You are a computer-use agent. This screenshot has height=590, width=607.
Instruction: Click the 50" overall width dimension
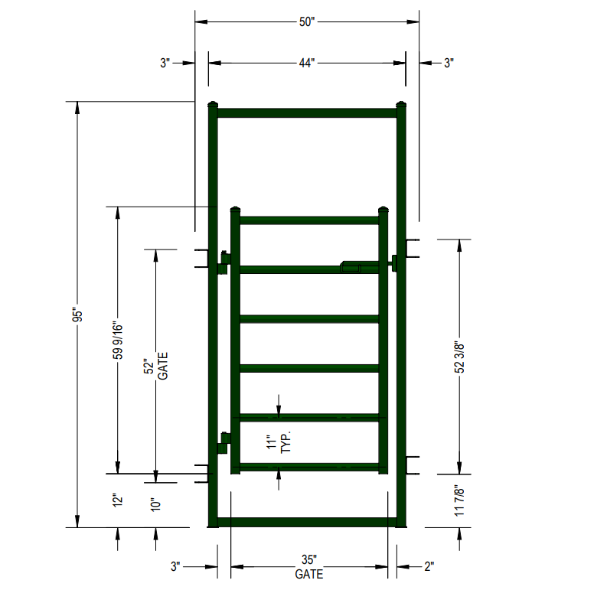[x=307, y=22]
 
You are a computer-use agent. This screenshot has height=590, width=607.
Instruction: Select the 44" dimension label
[x=307, y=63]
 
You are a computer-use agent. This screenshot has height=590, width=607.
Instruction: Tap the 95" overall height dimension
[x=77, y=315]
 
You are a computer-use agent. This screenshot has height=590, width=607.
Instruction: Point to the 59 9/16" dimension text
[x=118, y=340]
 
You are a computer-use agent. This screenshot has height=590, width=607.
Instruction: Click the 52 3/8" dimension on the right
[x=459, y=357]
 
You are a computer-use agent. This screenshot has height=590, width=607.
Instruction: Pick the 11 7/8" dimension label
[x=459, y=500]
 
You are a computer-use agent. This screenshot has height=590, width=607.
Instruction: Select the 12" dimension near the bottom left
[x=118, y=500]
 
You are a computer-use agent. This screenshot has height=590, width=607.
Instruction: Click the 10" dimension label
[x=155, y=504]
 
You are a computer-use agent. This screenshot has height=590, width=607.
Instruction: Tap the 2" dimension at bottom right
[x=429, y=566]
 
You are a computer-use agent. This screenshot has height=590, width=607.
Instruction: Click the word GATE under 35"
[x=309, y=574]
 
